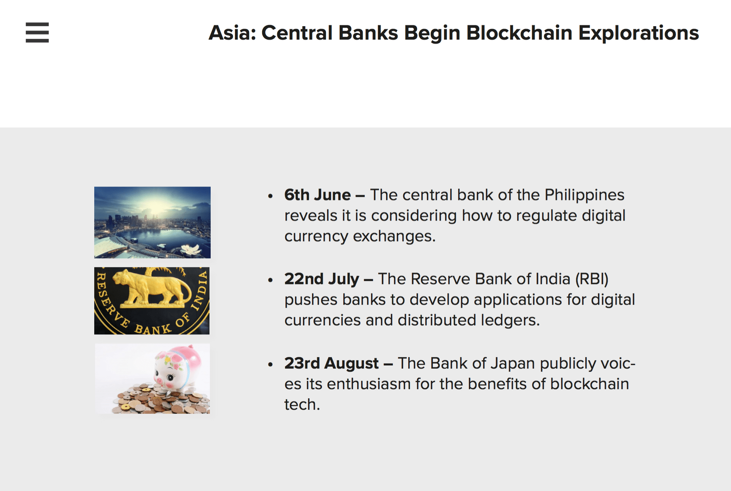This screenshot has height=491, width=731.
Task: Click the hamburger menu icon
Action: coord(37,32)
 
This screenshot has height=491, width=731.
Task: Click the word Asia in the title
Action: coord(232,33)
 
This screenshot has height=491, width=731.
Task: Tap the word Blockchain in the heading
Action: coord(519,33)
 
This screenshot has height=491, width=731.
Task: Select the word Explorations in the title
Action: coord(638,33)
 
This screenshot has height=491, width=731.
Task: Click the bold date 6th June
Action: coord(318,195)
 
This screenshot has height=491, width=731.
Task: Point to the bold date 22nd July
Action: coord(322,279)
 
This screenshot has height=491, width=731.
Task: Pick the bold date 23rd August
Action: coord(331,363)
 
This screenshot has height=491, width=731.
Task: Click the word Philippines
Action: coord(584,195)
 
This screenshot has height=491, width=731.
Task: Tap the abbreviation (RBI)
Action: coord(592,279)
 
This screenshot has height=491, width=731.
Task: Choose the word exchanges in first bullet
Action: coord(394,236)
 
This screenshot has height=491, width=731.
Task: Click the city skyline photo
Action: coord(152,223)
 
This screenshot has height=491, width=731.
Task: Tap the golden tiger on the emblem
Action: coord(152,288)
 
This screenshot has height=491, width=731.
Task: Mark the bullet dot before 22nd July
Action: coord(270,280)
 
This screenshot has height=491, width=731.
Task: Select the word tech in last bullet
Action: coord(302,405)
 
